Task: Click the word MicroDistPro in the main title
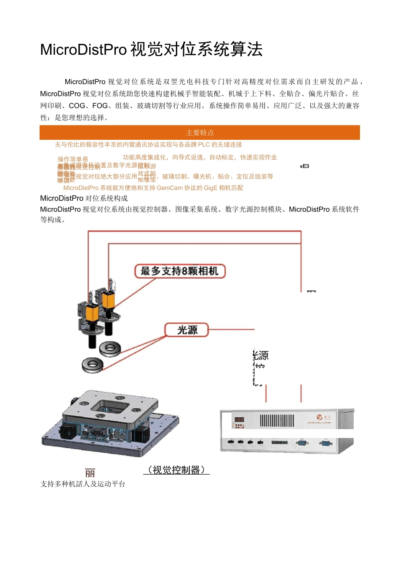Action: pos(83,50)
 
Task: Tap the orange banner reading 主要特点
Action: pos(200,133)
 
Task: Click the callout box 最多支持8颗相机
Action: pos(180,271)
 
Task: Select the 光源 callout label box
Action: pos(187,330)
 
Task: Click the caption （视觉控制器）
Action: pos(176,470)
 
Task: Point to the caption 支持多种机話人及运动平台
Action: pos(83,484)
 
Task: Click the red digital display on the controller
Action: pos(239,420)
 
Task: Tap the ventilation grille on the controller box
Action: pos(277,420)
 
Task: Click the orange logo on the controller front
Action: pos(320,417)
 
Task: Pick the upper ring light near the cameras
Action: pos(110,348)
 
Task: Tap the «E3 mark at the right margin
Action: pos(304,166)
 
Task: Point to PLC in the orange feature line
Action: pos(204,144)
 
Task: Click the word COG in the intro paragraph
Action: pos(77,106)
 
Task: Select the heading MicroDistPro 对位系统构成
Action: pos(84,198)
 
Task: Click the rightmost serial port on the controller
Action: pos(325,442)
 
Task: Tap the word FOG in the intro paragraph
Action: pos(100,106)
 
